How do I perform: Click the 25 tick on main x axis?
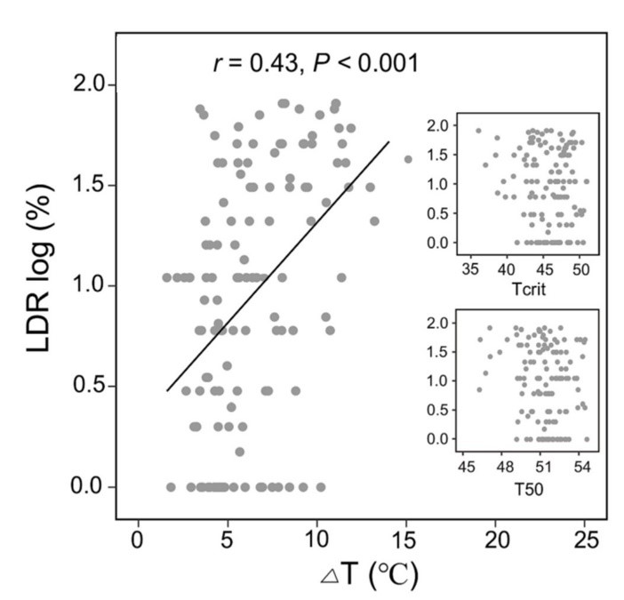586,540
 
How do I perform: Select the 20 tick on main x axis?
496,540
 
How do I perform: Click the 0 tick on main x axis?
137,540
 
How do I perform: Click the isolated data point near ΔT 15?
408,159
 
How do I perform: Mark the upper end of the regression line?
390,141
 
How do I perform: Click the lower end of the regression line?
166,390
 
